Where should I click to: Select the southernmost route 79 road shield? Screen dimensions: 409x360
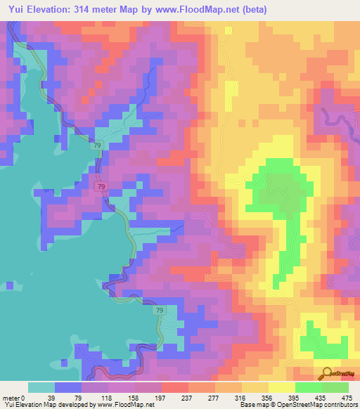click(x=160, y=311)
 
